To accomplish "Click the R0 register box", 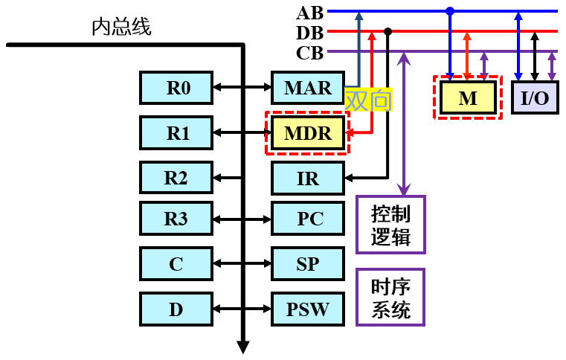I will coord(176,89).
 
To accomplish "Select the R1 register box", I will coord(176,133).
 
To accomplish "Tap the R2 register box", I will coord(176,178).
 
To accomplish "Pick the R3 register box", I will coord(176,219).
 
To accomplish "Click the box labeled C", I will coord(176,264).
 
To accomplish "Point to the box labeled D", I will coord(176,309).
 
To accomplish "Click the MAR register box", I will coord(308,89).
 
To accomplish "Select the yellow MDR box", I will coord(308,133).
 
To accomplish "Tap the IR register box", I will coord(308,178).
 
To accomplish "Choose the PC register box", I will coord(308,219).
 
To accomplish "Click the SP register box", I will coord(308,264).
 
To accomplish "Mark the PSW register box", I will coord(308,309).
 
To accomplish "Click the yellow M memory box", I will coord(468,97).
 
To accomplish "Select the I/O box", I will coord(534,97).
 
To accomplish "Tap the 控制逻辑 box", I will coord(390,225).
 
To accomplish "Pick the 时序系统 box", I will coord(390,297).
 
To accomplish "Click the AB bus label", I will coord(309,13).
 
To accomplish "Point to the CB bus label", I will coord(309,53).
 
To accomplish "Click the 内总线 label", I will coord(121,28).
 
